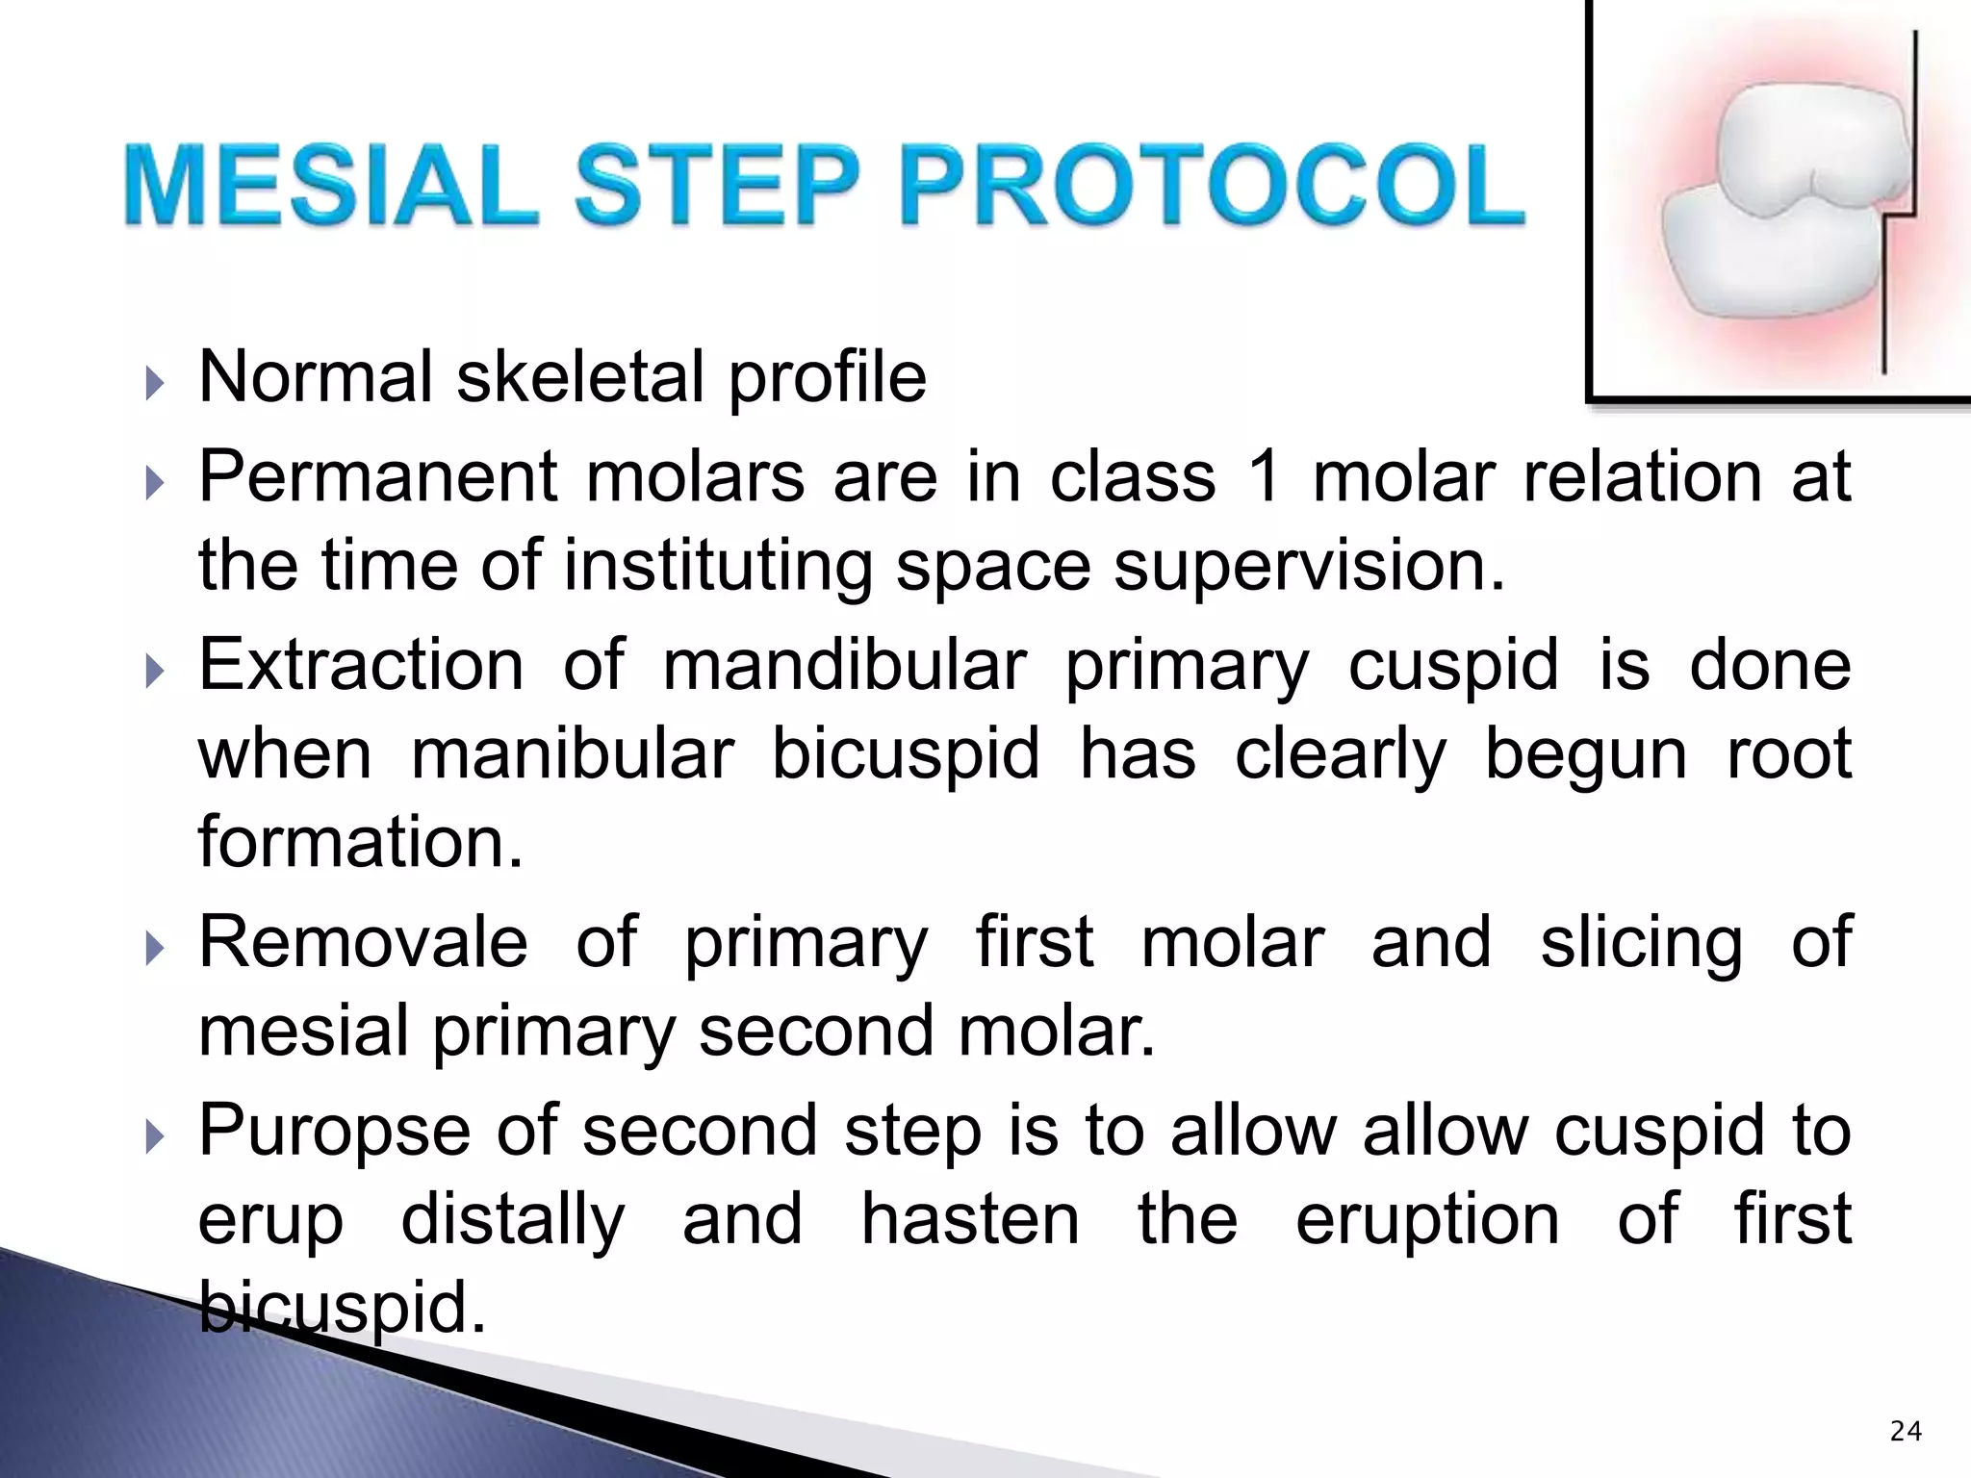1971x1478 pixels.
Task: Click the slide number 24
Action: [1906, 1432]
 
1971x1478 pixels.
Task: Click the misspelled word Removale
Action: [363, 942]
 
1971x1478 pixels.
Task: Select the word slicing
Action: [1641, 942]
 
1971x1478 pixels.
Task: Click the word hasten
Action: [970, 1219]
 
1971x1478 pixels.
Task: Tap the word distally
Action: [512, 1219]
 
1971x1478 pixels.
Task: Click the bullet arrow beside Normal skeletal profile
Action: [155, 384]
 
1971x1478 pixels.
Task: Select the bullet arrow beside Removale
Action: [155, 950]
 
